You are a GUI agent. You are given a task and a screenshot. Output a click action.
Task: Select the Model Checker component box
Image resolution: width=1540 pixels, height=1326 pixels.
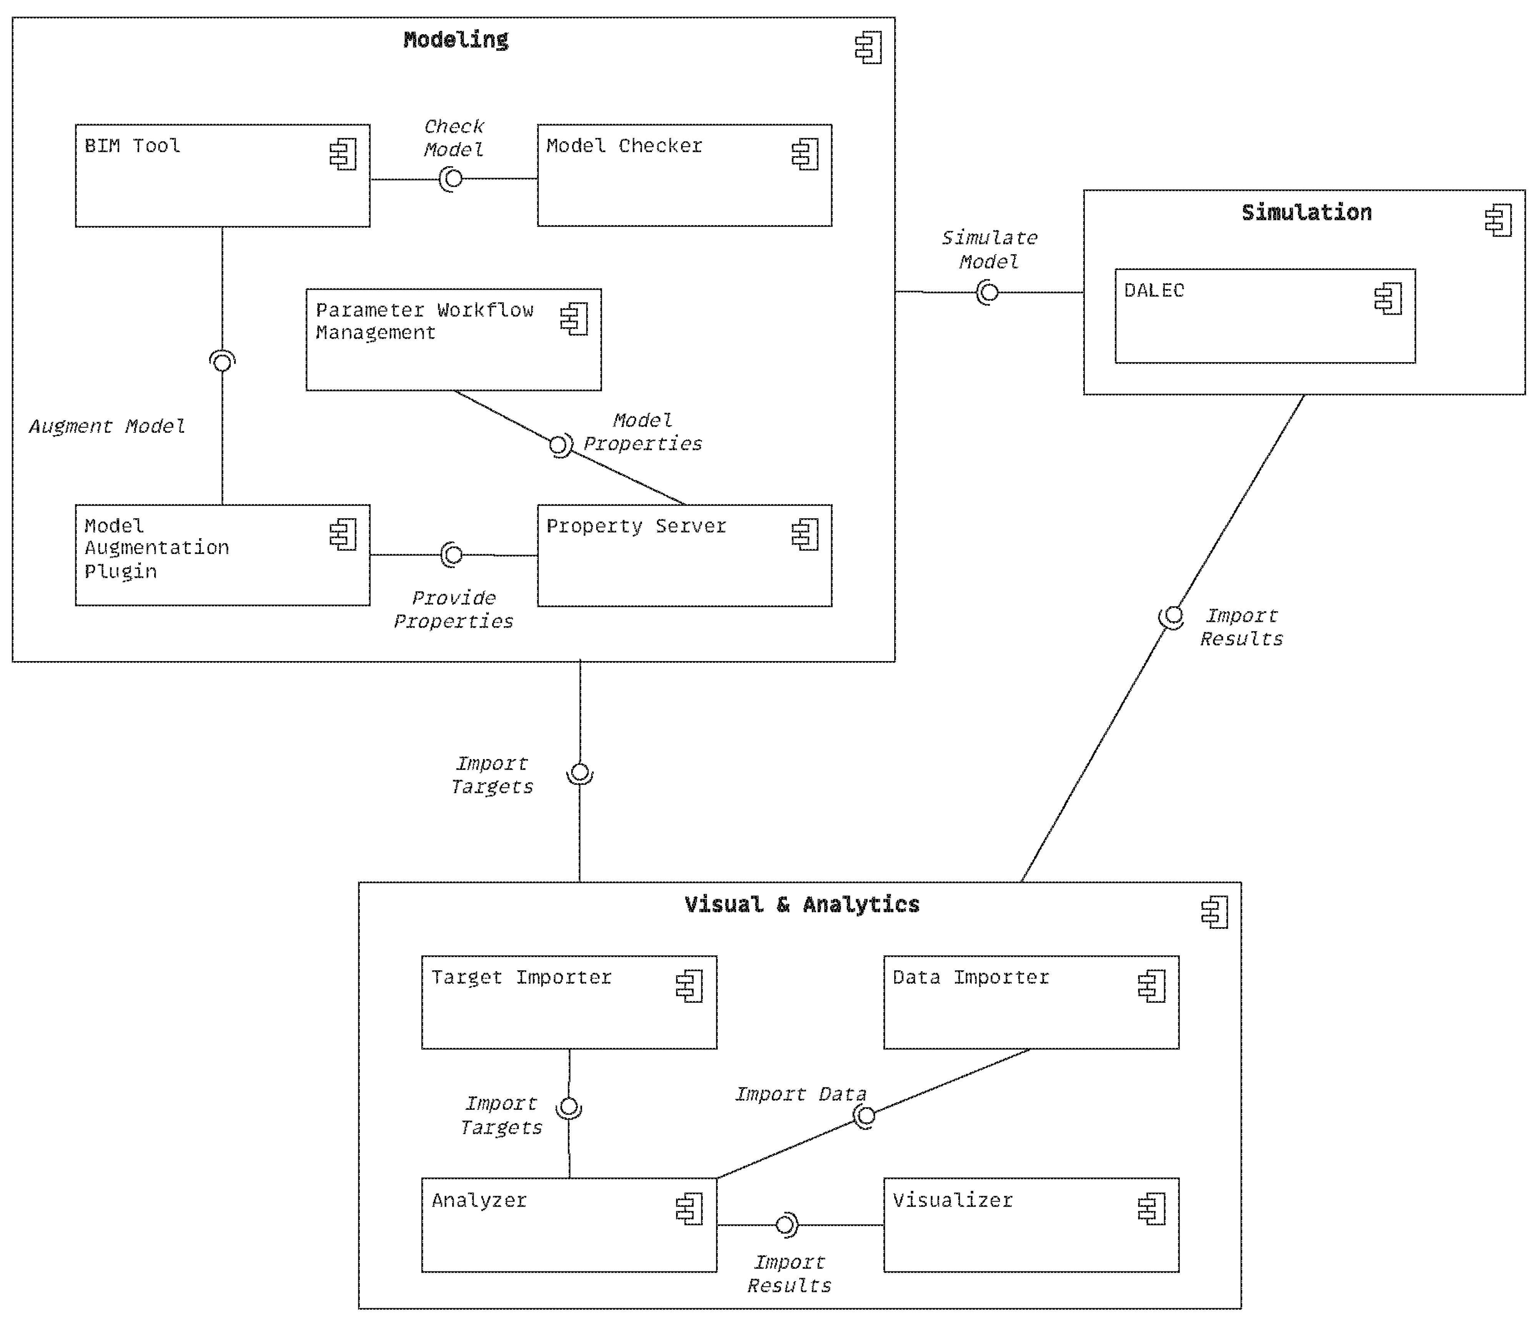point(685,175)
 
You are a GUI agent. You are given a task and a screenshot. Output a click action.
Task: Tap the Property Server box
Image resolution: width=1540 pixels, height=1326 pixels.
point(685,556)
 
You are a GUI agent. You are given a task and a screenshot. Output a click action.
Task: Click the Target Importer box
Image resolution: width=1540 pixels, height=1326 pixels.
point(569,1002)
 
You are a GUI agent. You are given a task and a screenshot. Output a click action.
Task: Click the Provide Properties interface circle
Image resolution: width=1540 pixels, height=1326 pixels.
point(453,555)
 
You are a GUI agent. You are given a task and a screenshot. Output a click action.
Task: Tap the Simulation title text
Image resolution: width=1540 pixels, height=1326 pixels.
point(1307,212)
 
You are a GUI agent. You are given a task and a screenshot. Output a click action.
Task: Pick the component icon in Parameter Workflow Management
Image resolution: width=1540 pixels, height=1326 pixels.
point(574,319)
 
